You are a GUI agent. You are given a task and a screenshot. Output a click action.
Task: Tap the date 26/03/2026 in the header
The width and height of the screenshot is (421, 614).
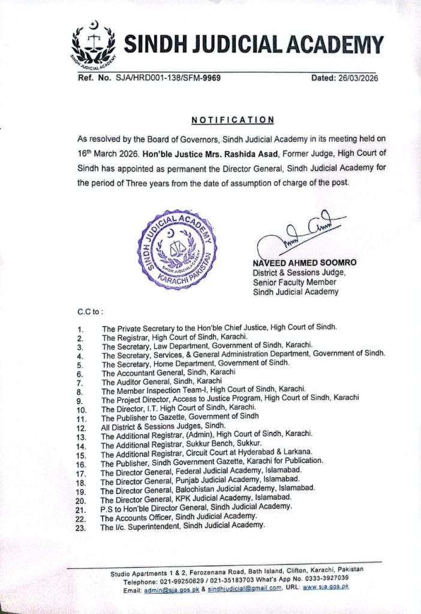(x=358, y=79)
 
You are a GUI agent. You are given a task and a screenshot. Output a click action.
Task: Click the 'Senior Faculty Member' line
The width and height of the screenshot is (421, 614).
(x=294, y=282)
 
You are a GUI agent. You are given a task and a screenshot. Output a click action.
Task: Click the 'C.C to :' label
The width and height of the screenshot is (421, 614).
(x=90, y=312)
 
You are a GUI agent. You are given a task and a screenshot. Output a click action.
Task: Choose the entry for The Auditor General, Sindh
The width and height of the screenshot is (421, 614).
(x=162, y=381)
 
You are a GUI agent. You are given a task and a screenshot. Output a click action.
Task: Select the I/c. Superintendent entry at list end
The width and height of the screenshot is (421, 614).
(x=182, y=525)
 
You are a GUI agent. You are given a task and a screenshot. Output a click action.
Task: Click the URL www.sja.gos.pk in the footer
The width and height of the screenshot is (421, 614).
(x=326, y=588)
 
